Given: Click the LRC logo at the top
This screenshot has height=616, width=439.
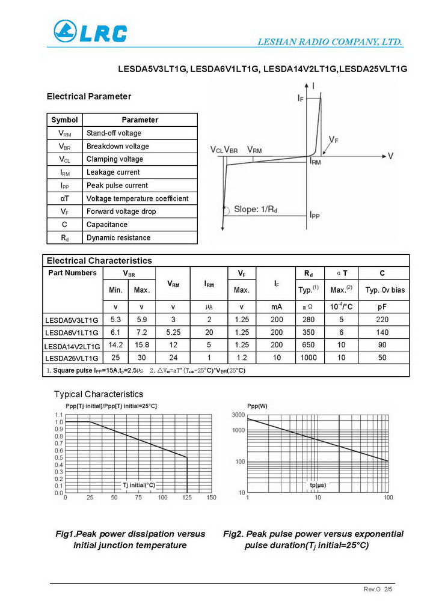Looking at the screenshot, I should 90,32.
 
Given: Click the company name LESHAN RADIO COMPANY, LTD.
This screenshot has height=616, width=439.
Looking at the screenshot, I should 330,42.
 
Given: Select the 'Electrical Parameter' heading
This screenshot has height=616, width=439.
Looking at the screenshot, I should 88,96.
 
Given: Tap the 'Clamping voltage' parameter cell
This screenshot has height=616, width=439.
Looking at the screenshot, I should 115,159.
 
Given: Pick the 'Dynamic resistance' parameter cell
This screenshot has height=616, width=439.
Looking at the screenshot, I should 118,237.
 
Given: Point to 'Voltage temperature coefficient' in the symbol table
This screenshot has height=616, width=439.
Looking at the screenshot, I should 137,198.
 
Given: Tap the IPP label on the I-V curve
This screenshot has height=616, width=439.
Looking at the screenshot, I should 315,215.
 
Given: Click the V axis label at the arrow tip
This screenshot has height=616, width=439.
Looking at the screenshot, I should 390,156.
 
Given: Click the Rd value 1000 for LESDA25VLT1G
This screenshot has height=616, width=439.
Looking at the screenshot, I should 309,358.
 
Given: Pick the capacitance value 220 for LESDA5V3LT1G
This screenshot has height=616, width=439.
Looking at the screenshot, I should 382,320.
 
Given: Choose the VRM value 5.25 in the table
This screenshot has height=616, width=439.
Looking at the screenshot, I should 173,332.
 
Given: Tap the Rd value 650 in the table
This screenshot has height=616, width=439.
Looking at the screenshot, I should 309,346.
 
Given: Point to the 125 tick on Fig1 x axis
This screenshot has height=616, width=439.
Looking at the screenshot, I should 188,498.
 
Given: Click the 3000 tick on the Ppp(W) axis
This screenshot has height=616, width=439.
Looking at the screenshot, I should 238,416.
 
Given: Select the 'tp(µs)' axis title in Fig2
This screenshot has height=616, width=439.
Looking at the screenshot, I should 318,484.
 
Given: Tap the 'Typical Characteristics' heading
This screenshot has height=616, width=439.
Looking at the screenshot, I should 99,394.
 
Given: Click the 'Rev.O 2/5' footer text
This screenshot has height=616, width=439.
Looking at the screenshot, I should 378,590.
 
